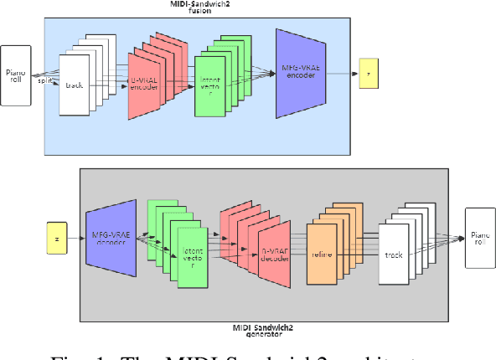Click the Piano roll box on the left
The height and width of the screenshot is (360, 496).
coord(16,75)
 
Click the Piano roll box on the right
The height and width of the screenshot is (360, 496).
coord(480,238)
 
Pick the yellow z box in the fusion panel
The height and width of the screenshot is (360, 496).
coord(368,74)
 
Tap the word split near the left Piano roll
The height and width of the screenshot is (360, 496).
coord(45,80)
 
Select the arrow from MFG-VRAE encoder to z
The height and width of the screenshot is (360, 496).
coord(338,74)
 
